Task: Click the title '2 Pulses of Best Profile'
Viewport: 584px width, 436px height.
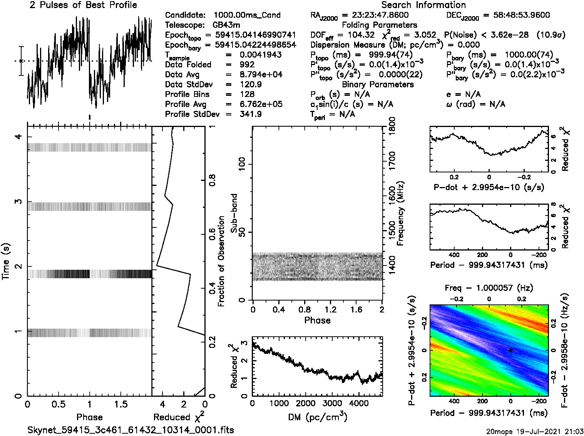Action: (x=83, y=5)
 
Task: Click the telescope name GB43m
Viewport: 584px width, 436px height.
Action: (x=226, y=25)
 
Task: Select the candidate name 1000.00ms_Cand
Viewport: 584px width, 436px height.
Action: (x=247, y=15)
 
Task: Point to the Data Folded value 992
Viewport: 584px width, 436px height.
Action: (x=247, y=64)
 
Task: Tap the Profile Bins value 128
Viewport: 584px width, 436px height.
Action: (x=247, y=94)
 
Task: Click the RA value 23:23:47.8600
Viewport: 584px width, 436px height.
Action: (x=380, y=15)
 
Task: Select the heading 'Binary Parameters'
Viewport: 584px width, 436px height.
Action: (x=378, y=84)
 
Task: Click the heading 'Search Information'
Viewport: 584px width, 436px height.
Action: (x=423, y=5)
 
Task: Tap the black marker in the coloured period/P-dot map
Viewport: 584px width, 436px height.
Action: (x=510, y=350)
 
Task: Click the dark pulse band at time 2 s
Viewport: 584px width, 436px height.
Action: (x=89, y=274)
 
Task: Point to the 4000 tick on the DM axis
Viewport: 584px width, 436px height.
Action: (x=358, y=403)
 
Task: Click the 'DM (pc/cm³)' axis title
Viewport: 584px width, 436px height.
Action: (x=317, y=417)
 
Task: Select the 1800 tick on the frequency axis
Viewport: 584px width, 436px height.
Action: (x=392, y=125)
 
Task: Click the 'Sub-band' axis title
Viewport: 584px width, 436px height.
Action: (x=234, y=213)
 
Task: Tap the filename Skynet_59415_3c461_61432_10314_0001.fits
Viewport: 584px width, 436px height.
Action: (x=131, y=430)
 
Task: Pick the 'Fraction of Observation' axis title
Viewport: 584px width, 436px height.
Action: (x=221, y=261)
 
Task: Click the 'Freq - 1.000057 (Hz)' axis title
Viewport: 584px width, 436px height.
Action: (x=489, y=288)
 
